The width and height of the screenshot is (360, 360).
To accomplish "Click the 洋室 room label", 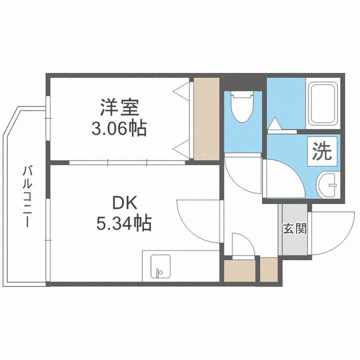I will click(x=119, y=107).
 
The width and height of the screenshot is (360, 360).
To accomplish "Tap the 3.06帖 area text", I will click(x=119, y=129).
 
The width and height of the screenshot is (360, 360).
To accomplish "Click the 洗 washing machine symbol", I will click(x=322, y=152).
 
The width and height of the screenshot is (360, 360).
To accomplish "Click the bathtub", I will click(x=323, y=104).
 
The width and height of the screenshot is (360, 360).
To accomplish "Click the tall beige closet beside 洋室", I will click(x=206, y=118).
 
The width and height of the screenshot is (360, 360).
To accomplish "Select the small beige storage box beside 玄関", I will click(x=269, y=269).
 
